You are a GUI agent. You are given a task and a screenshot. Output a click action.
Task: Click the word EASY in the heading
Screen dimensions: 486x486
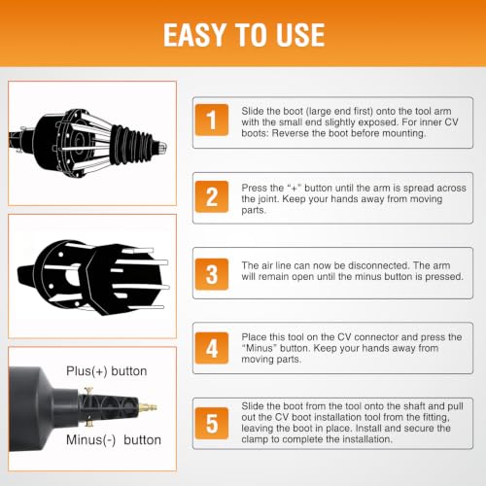pos(194,35)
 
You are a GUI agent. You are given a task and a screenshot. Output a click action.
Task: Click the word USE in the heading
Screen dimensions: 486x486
pos(300,35)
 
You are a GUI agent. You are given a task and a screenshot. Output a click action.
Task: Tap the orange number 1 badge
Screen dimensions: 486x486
pos(212,120)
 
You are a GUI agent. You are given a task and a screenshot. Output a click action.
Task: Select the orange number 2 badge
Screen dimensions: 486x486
pos(212,196)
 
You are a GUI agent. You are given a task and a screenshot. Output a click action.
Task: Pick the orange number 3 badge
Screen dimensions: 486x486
pos(212,274)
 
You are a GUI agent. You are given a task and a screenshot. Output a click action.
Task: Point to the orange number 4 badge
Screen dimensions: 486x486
pos(212,348)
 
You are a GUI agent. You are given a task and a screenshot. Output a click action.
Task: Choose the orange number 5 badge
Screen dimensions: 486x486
pos(212,424)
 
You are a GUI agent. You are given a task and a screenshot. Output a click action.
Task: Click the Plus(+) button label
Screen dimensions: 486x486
pos(107,371)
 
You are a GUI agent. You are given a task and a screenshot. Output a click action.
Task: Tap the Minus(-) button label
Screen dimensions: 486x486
pos(114,440)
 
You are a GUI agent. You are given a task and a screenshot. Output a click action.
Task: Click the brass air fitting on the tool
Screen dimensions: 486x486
pos(148,407)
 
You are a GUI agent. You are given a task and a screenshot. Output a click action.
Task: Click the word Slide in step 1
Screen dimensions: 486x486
pos(253,111)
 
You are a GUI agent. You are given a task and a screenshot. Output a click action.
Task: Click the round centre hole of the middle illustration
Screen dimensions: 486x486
pos(72,276)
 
